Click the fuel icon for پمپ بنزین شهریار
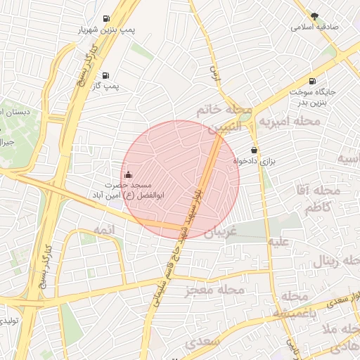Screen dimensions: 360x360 106,18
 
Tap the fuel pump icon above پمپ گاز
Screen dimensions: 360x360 105,75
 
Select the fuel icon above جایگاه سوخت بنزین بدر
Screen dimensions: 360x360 312,81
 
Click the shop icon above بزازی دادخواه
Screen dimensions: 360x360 254,150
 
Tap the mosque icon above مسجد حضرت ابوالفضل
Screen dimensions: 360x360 128,174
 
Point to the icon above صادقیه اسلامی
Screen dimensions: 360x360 315,15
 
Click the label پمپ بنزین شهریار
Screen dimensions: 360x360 106,30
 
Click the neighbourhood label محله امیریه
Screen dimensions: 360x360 289,122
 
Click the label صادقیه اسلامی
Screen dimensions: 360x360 315,27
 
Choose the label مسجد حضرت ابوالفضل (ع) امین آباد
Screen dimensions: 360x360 124,190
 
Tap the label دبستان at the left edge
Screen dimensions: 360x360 14,112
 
